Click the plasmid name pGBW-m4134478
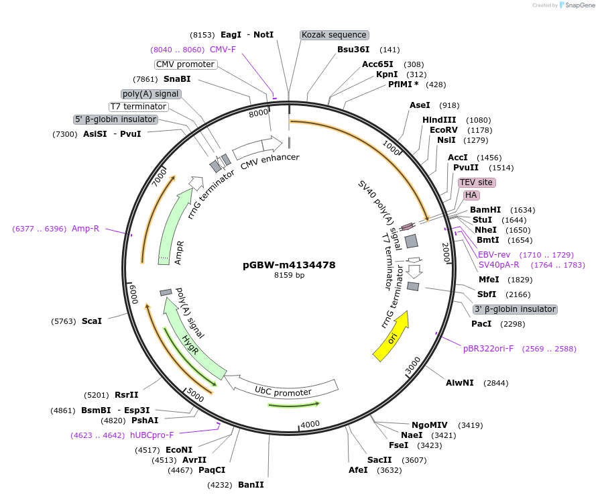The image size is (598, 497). coord(289,265)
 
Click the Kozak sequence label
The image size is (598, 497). coord(334,35)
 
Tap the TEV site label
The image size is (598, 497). coord(476,182)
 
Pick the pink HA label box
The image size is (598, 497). coord(471,195)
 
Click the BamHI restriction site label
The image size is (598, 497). coord(485,210)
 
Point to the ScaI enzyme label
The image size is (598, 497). coord(92,321)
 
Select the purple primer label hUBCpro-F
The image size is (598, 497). coord(152,435)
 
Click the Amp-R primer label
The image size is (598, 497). coord(85,229)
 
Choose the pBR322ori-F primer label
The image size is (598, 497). coord(488,349)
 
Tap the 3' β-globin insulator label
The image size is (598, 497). coord(515,309)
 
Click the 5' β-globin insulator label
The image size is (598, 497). coord(115,119)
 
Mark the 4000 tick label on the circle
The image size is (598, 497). coord(310,425)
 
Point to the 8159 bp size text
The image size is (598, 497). coord(289,276)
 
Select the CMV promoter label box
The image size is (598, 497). coord(186,64)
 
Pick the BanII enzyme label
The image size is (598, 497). coord(251,484)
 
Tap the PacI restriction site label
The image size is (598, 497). coord(481,324)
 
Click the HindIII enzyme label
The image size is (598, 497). coord(439,119)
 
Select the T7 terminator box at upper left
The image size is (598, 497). coord(138,107)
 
